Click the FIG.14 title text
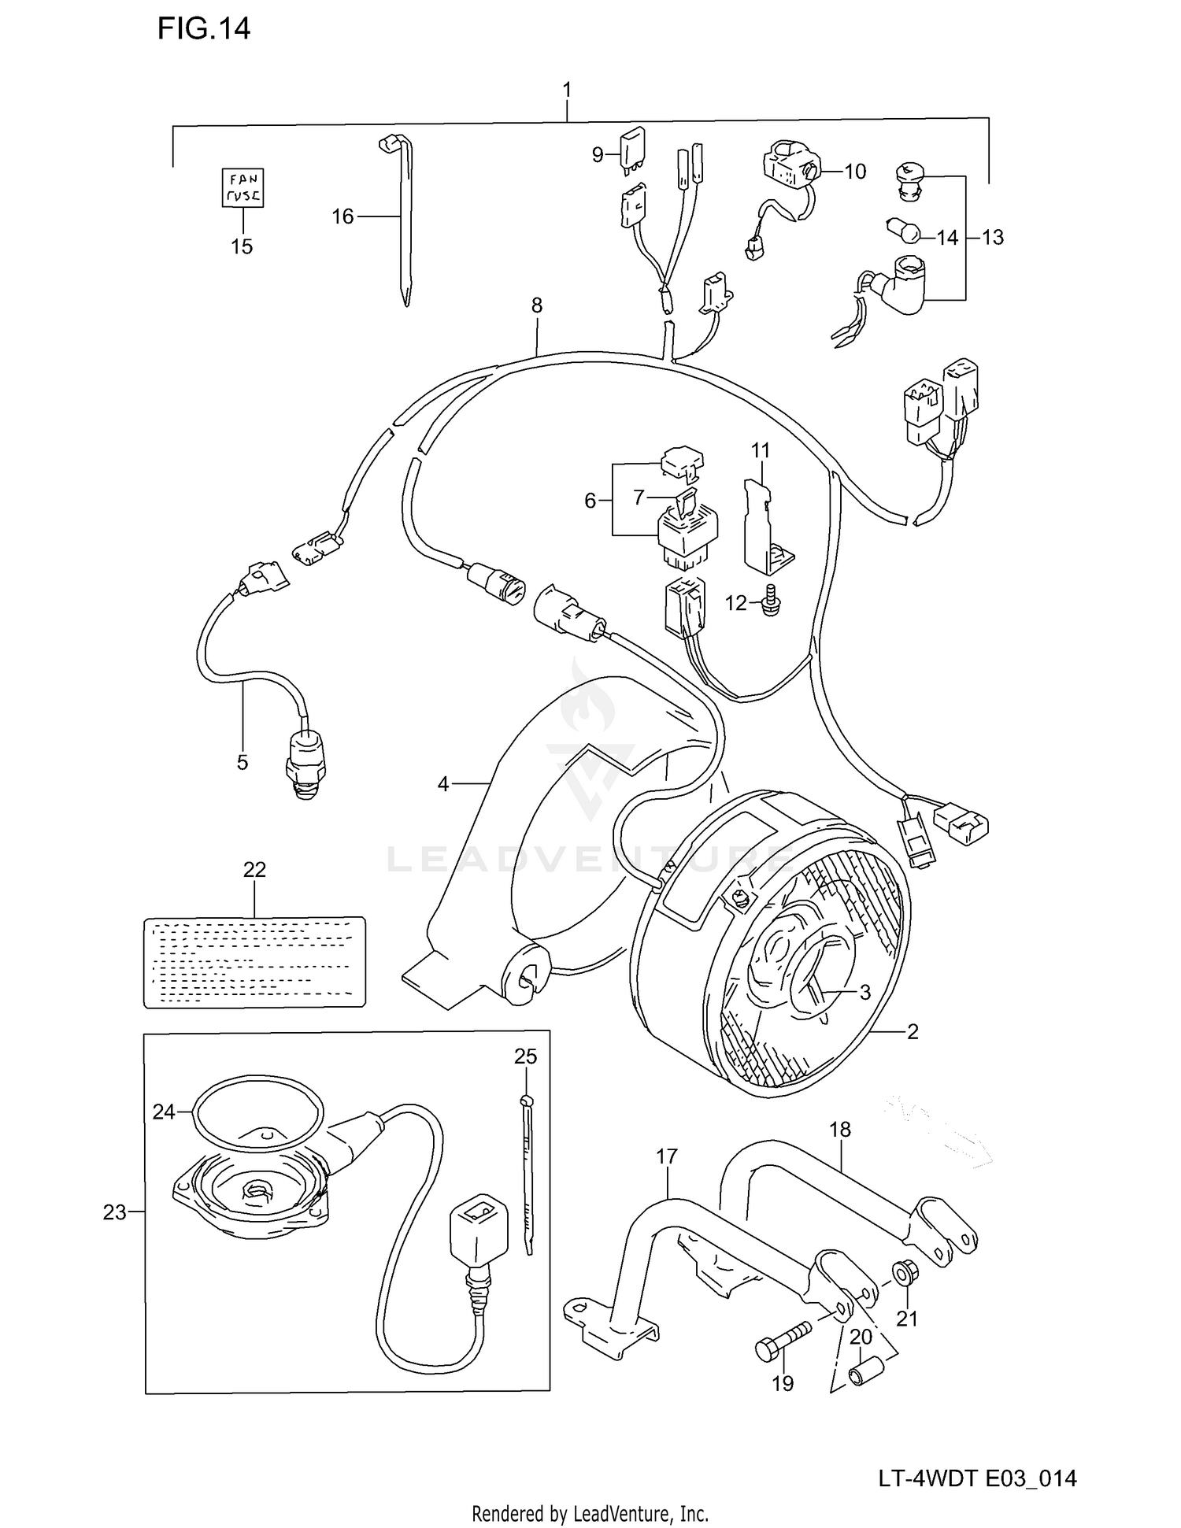click(204, 29)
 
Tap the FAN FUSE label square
click(242, 188)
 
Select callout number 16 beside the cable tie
click(342, 216)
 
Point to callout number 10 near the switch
click(855, 172)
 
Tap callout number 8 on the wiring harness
click(537, 305)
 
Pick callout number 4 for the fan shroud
click(443, 784)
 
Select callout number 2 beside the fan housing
click(913, 1031)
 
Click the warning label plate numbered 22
click(254, 962)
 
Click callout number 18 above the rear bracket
click(840, 1130)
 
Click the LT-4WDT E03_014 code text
click(977, 1479)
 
